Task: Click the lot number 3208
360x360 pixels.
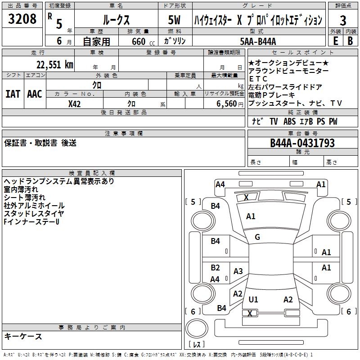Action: (x=22, y=19)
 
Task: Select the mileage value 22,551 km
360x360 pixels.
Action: (x=54, y=65)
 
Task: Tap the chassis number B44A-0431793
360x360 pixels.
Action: (x=302, y=143)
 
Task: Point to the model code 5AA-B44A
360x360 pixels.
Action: (x=258, y=41)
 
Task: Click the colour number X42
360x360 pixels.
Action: (x=74, y=104)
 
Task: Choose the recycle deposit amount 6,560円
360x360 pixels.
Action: (x=230, y=104)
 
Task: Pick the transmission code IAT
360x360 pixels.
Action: (x=13, y=94)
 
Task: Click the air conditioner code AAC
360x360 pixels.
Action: (x=35, y=94)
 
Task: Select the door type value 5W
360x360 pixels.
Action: (x=174, y=20)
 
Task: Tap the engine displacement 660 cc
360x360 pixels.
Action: (x=143, y=42)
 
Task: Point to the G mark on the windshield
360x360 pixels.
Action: (x=257, y=237)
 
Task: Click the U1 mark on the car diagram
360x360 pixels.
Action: (x=253, y=299)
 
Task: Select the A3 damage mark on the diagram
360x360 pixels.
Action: (x=238, y=271)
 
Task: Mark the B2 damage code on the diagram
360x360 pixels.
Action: (x=215, y=268)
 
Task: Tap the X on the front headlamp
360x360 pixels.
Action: (x=246, y=197)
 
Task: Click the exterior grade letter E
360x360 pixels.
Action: (x=335, y=41)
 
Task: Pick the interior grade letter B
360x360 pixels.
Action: (x=351, y=41)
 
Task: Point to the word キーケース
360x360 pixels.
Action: (x=23, y=336)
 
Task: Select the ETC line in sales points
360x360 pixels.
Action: (x=258, y=79)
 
